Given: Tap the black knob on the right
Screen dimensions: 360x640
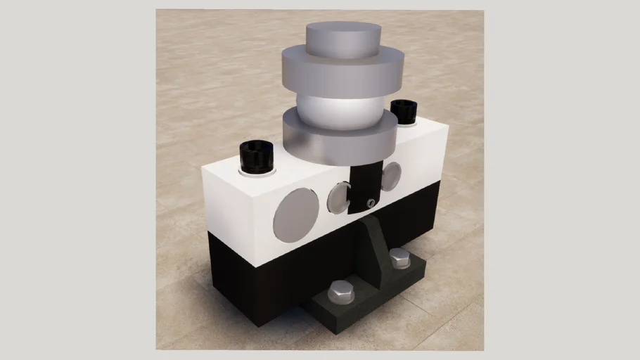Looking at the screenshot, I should point(403,111).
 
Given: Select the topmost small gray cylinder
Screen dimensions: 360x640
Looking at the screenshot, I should point(343,39).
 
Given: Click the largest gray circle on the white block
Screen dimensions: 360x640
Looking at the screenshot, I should point(295,215).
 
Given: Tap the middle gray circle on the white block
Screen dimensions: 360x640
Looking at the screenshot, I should point(338,198).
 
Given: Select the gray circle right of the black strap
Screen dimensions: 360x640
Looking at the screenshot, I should point(391,176).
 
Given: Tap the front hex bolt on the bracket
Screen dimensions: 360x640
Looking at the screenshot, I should point(341,291).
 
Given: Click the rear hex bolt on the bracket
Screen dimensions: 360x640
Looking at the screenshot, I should point(399,258).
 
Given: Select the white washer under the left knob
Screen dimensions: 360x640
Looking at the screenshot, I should point(256,172).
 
